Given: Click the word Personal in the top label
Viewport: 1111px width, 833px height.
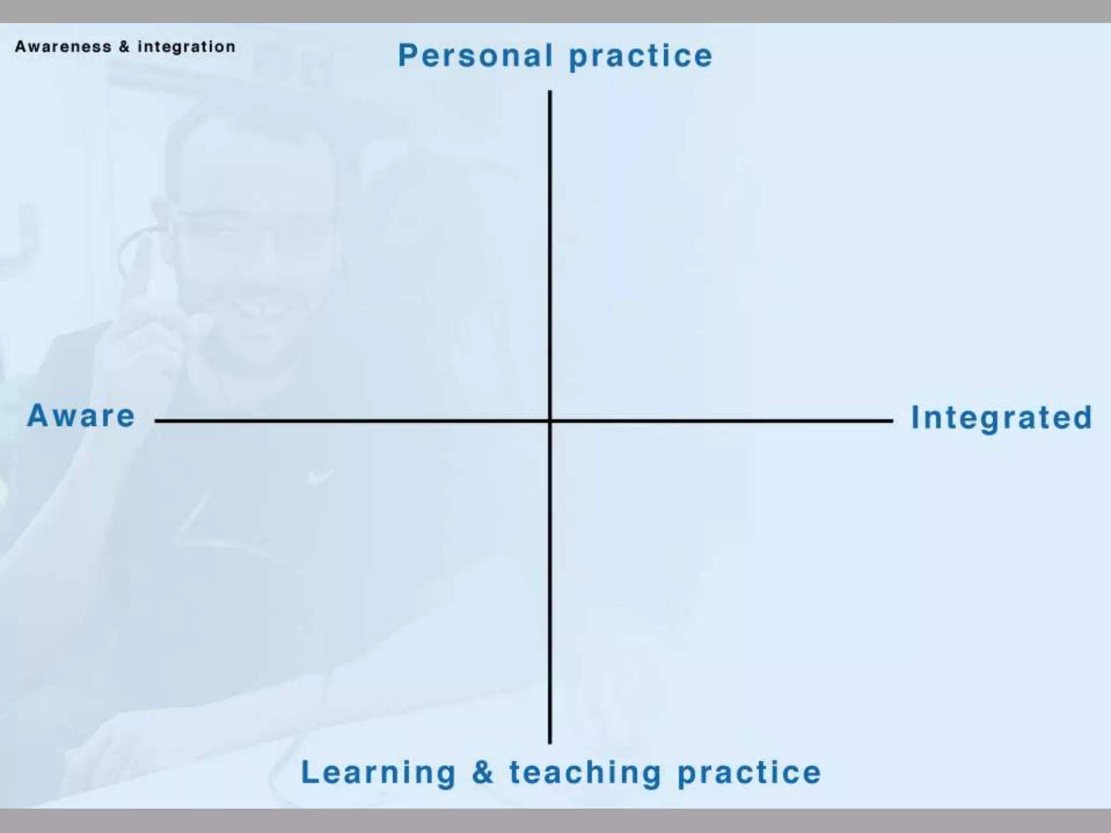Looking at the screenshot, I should pyautogui.click(x=476, y=56).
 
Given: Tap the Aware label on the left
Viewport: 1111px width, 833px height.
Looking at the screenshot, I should pyautogui.click(x=81, y=416).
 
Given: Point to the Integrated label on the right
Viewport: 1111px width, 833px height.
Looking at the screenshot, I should pyautogui.click(x=1001, y=418).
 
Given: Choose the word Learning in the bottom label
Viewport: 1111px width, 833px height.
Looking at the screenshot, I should pyautogui.click(x=378, y=772).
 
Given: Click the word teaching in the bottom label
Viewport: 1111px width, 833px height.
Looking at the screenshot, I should pyautogui.click(x=585, y=773).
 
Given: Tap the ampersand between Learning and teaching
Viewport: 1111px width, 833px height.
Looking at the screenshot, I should pyautogui.click(x=482, y=772).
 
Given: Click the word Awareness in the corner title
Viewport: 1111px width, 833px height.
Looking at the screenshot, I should pyautogui.click(x=63, y=47).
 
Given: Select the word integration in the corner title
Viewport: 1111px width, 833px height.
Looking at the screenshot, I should pyautogui.click(x=187, y=47).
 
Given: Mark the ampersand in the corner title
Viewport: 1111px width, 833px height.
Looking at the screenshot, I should pyautogui.click(x=124, y=47).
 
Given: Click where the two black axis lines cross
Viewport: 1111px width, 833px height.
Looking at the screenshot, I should pyautogui.click(x=550, y=420).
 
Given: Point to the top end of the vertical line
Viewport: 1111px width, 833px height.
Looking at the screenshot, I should pyautogui.click(x=550, y=92).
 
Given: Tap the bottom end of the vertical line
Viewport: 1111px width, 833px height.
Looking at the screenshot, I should pyautogui.click(x=550, y=742).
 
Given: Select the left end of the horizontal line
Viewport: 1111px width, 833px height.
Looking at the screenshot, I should pyautogui.click(x=156, y=420).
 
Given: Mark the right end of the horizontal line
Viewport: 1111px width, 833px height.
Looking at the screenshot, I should pyautogui.click(x=891, y=420).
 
